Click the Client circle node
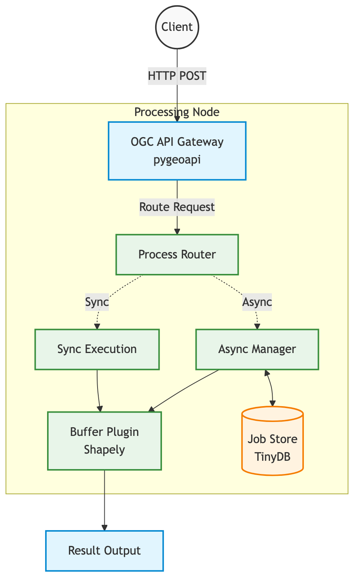click(x=177, y=27)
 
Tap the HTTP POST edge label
click(x=177, y=76)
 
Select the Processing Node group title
click(x=177, y=112)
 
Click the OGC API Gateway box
click(x=177, y=151)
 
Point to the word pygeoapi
click(x=177, y=160)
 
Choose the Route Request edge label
click(x=177, y=207)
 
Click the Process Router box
click(x=177, y=254)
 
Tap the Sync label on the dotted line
click(x=97, y=302)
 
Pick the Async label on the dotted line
click(x=257, y=302)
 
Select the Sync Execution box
click(x=97, y=349)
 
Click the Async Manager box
click(x=257, y=349)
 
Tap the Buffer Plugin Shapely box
click(x=104, y=441)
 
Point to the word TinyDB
click(x=272, y=457)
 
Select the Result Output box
click(x=104, y=550)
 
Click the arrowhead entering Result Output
click(x=104, y=527)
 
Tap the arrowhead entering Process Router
click(x=177, y=231)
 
